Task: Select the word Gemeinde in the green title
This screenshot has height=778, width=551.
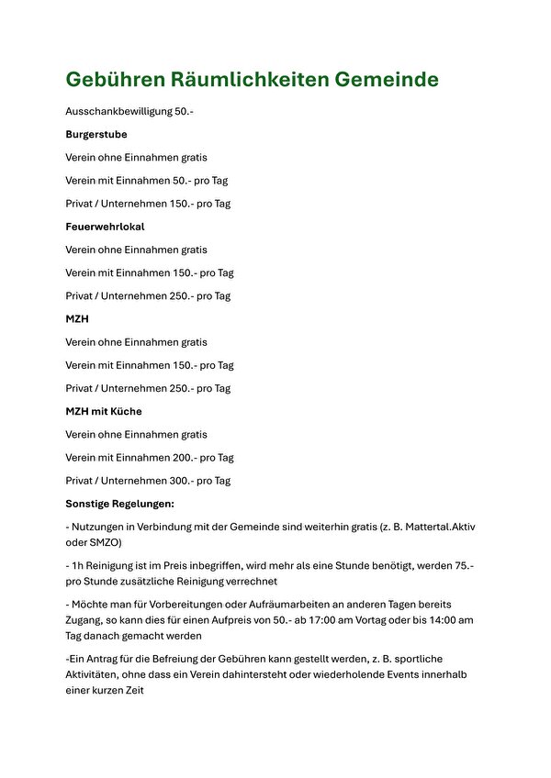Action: [386, 80]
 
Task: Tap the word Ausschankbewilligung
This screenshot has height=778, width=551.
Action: [118, 111]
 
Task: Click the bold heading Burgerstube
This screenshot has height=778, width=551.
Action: [96, 134]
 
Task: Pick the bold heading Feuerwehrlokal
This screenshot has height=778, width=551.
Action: [105, 227]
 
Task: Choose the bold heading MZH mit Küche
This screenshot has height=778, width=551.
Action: [104, 411]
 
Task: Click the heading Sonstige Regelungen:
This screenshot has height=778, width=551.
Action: [119, 504]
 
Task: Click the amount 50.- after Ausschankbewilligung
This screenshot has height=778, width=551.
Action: [184, 111]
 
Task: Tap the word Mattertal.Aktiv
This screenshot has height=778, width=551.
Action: [430, 527]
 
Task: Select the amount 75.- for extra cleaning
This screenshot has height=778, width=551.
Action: [465, 566]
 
